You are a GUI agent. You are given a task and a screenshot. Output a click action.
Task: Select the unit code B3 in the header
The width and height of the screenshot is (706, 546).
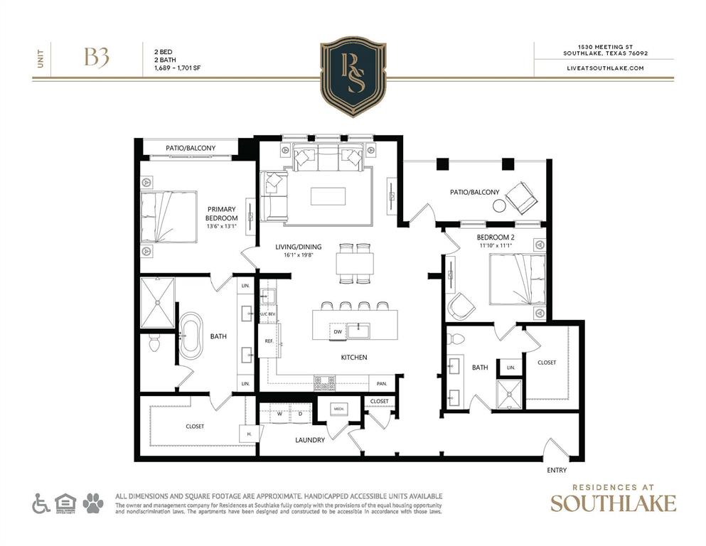coord(96,58)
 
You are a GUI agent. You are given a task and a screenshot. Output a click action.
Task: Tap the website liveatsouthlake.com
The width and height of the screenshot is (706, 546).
coord(605,68)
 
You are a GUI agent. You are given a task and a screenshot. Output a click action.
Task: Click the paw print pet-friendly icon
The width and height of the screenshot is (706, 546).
coord(93,503)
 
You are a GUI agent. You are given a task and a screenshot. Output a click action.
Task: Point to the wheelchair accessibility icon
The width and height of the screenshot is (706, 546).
coord(41,503)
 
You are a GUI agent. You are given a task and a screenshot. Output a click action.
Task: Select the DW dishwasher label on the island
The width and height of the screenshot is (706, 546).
coord(337,331)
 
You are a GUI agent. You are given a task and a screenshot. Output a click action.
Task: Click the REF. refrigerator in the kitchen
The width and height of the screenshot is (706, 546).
coord(269,341)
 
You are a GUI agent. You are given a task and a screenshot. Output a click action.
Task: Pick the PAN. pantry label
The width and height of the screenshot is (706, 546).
coord(382,384)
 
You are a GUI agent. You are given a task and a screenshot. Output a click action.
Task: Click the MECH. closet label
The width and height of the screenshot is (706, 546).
coord(338,409)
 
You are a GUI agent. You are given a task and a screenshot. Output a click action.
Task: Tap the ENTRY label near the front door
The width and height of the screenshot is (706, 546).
coord(556,470)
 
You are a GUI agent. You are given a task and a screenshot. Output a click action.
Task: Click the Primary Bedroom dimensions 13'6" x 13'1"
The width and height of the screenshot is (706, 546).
coord(222,226)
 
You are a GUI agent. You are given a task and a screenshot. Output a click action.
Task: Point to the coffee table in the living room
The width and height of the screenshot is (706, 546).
coord(328,196)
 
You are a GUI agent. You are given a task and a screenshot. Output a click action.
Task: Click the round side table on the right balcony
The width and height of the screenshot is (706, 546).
coord(499,206)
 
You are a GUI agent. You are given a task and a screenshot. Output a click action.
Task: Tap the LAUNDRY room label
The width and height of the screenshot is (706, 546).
coord(310,440)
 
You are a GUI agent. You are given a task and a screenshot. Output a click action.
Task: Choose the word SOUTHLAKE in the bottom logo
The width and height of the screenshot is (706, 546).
coord(613,503)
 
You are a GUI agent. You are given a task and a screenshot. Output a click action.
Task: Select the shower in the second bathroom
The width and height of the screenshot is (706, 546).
coord(509,394)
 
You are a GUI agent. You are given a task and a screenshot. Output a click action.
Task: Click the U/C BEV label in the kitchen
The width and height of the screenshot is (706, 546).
coord(267,314)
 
